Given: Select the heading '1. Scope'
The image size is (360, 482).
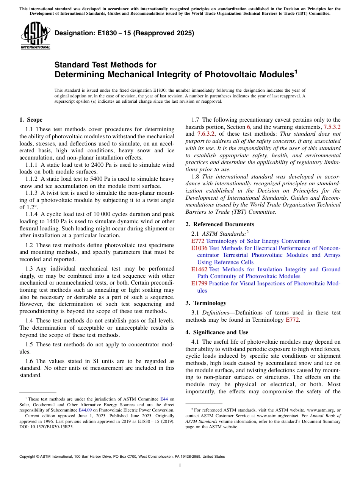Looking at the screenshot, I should (x=31, y=120).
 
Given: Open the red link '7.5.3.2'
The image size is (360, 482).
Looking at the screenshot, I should (x=332, y=127).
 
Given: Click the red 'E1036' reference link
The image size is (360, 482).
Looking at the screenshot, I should (x=199, y=248).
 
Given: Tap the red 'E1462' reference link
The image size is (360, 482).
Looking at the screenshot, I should (x=199, y=269).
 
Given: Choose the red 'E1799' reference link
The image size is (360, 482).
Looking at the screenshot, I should (x=199, y=283).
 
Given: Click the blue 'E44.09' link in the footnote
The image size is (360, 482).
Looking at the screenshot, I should (x=85, y=410).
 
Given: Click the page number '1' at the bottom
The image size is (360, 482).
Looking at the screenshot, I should (x=180, y=466).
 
